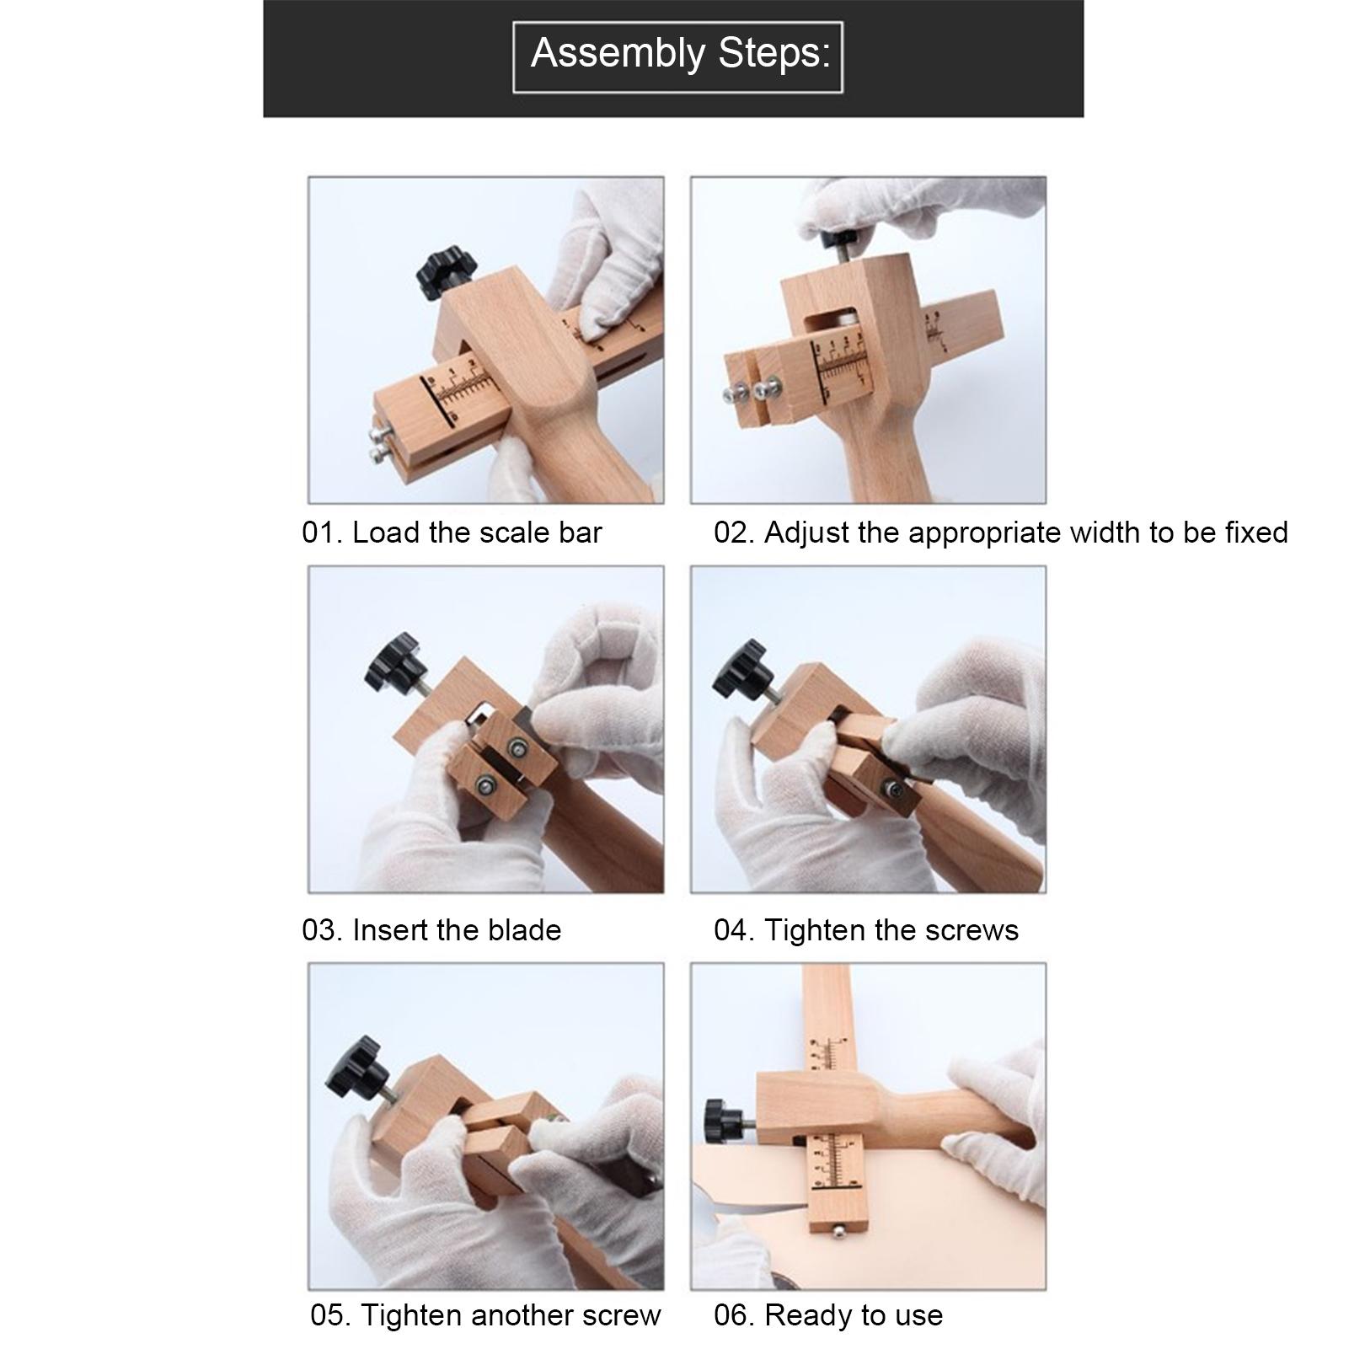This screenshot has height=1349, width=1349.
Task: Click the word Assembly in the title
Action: coord(617,53)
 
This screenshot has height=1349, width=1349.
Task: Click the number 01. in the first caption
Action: coord(322,533)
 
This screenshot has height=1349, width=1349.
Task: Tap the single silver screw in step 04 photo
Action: coord(891,788)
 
